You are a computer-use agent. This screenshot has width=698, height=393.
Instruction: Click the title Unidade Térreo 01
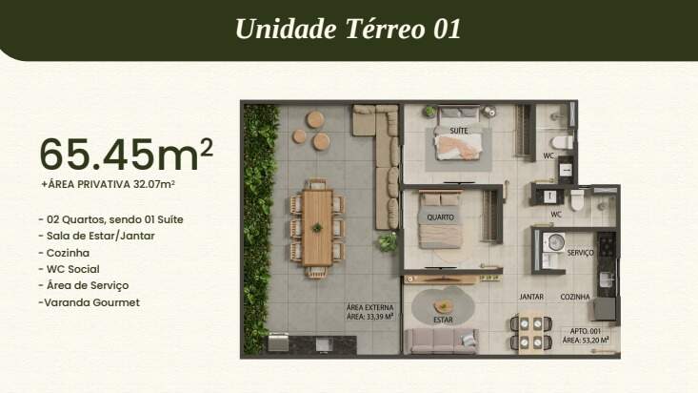coord(349,29)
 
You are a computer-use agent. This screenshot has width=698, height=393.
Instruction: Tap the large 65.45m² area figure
coord(127,155)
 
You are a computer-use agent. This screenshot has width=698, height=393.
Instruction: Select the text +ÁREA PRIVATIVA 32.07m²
coord(108,184)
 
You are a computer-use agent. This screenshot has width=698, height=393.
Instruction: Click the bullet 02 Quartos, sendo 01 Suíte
coord(110,219)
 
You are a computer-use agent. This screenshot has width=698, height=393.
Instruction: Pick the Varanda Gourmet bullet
coord(89,302)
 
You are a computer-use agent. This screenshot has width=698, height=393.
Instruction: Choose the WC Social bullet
coord(69,269)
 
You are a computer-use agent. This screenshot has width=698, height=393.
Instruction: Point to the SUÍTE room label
coord(458,131)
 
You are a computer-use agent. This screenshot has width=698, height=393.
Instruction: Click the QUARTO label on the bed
coord(440,217)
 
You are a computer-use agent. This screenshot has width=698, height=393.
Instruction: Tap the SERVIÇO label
coord(581,253)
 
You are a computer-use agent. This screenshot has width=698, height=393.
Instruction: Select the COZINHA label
coord(575,297)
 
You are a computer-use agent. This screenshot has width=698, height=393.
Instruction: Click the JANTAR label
coord(531,297)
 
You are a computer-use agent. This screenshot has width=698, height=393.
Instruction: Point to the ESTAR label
coord(443,320)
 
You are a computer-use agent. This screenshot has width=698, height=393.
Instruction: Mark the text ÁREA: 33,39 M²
coord(370,317)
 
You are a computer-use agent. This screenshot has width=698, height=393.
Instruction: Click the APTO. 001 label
coord(586,331)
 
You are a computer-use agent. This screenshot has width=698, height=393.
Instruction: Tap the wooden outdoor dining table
coord(317,228)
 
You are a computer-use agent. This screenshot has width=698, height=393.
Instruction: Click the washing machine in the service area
coord(554,242)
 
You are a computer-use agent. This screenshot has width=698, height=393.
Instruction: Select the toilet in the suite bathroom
coord(562,143)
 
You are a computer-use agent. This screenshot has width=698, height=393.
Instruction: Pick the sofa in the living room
coord(443,341)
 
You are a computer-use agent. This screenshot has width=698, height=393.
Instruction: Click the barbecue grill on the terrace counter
coord(278,342)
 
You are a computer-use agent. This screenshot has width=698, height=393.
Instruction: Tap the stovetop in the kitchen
coord(607,244)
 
